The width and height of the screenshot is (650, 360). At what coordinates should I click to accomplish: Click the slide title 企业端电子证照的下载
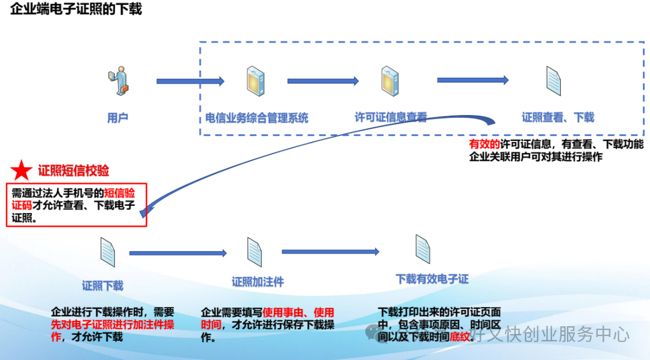pos(76,10)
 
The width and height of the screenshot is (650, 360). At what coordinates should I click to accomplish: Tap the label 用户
pos(117,118)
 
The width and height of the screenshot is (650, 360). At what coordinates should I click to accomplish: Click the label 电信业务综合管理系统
pos(257,118)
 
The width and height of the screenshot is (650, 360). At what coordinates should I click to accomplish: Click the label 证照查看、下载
pos(558,117)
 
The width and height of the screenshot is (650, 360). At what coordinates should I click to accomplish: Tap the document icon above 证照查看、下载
pos(554,81)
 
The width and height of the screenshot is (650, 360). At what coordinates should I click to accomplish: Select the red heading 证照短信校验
pos(73,171)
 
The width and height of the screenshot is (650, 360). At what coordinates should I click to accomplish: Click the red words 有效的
pos(484,144)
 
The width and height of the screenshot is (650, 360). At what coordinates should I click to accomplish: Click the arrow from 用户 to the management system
pos(190,81)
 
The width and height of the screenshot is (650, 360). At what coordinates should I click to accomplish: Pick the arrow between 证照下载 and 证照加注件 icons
pos(178,253)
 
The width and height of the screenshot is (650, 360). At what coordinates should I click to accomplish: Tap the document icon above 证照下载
pos(107,252)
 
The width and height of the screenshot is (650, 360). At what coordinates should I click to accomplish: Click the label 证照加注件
pos(258,282)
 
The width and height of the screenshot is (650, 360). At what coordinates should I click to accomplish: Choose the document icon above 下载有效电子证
pos(423,249)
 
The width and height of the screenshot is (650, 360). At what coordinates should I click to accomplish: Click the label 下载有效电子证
pos(432,279)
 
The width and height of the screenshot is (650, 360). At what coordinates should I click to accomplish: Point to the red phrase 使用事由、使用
pos(298,312)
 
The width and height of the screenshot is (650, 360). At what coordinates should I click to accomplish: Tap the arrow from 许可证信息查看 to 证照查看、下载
pos(472,80)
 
